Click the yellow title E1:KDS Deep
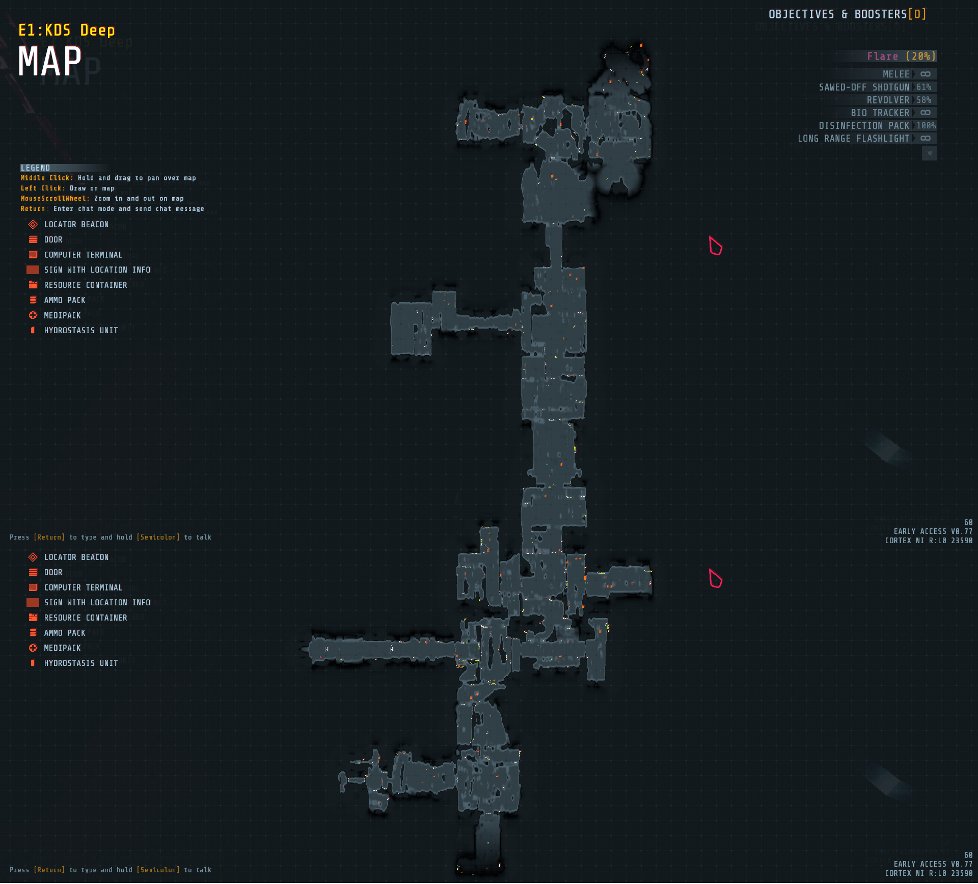[x=67, y=31]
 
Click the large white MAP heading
[x=50, y=62]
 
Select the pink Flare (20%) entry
[x=901, y=57]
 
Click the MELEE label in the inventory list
[x=896, y=74]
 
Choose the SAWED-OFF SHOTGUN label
[x=864, y=87]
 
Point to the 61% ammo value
[x=924, y=87]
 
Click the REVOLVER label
[x=888, y=100]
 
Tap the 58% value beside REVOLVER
[x=924, y=100]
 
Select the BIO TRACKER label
[x=880, y=113]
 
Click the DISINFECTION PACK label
[x=864, y=125]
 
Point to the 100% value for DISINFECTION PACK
[x=926, y=125]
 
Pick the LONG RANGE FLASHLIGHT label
[x=853, y=138]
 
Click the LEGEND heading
[x=35, y=168]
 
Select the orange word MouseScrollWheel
[x=55, y=199]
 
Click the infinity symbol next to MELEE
[x=926, y=74]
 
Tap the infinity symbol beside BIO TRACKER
[x=926, y=113]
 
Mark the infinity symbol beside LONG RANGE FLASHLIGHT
[x=926, y=138]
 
